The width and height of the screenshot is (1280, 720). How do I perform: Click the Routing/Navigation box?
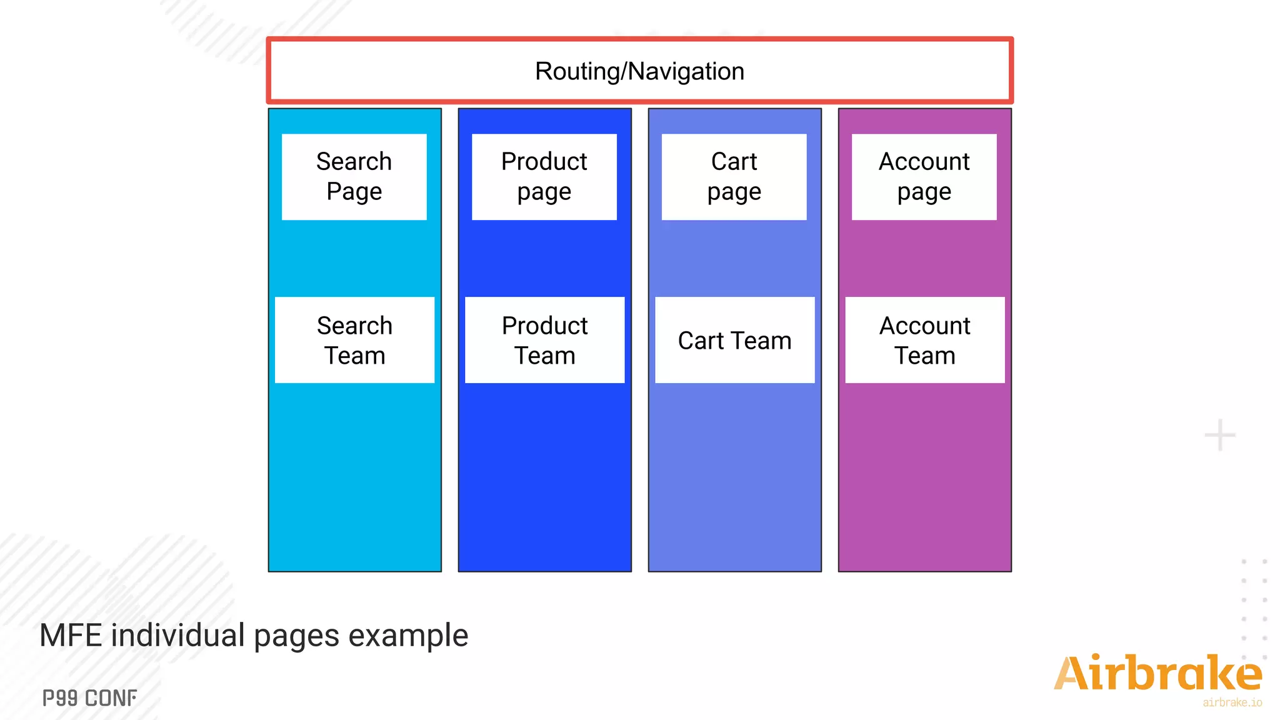pos(639,71)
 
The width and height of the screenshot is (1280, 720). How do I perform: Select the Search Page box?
pos(354,177)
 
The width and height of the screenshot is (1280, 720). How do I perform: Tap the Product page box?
pos(544,177)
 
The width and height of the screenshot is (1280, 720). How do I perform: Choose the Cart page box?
pos(734,177)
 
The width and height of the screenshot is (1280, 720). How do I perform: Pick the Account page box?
pos(924,177)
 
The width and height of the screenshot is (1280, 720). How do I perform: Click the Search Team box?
pos(354,340)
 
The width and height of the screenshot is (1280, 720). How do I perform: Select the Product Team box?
pos(544,340)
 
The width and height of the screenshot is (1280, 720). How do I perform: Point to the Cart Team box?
pos(734,340)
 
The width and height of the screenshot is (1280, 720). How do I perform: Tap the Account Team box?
pos(924,340)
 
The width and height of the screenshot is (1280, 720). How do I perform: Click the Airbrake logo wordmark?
pos(1157,674)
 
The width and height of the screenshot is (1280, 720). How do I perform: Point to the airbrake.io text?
pos(1232,702)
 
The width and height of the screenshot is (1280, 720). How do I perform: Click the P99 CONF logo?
pos(89,698)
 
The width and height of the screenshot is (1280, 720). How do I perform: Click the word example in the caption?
pos(408,636)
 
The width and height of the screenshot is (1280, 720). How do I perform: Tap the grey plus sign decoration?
pos(1219,435)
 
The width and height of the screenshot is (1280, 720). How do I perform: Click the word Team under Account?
pos(924,356)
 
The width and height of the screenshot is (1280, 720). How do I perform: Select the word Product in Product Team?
pos(544,326)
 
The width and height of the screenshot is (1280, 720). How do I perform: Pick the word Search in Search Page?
pos(354,161)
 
